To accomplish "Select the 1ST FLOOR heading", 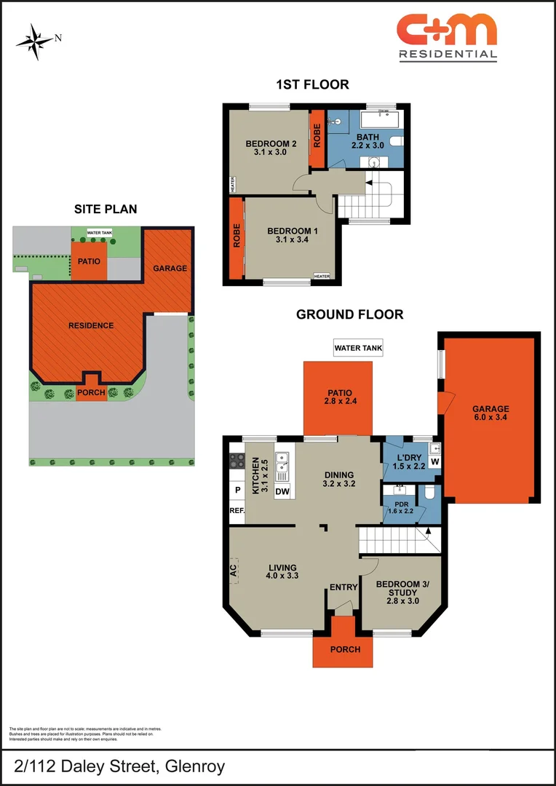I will (312, 84).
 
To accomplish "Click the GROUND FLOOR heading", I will (349, 314).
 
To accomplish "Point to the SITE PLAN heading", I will (106, 209).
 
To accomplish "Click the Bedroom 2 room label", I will (271, 143).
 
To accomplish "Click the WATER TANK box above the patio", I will (358, 348).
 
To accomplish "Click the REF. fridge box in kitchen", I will (237, 510).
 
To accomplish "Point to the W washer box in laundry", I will (434, 461).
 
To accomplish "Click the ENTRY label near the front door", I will (342, 587).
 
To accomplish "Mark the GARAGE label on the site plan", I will (170, 268).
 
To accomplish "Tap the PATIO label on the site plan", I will (89, 261).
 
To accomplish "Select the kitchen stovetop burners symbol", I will (237, 460).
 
